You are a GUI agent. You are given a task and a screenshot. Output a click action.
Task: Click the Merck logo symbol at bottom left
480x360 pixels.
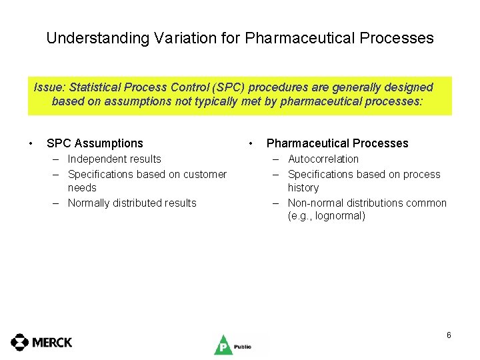coord(20,342)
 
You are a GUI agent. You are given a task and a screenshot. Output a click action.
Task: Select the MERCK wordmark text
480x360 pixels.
coord(52,343)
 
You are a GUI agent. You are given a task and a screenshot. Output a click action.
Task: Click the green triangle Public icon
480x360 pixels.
coord(223,345)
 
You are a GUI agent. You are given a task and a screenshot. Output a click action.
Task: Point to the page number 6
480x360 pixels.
coord(449,335)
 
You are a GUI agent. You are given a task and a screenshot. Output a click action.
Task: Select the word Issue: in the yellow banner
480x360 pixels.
coord(51,87)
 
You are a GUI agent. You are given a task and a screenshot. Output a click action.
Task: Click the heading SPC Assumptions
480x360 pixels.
coord(95,143)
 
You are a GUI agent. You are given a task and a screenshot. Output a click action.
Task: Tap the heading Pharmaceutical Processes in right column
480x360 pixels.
coord(337,143)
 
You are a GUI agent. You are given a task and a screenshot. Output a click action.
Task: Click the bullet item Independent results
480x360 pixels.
coord(115,159)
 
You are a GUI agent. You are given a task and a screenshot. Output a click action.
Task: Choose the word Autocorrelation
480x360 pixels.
coord(323,159)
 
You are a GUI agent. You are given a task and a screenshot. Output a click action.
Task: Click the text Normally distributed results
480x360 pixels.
coord(132,203)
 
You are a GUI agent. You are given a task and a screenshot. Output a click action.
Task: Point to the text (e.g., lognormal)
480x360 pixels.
coord(327,216)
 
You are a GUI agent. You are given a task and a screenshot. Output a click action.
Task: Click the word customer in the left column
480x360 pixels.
coord(203,174)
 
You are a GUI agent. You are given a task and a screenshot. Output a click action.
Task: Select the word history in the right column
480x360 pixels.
coord(303,188)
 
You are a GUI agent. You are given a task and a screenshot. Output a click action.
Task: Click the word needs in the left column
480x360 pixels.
coord(82,188)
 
